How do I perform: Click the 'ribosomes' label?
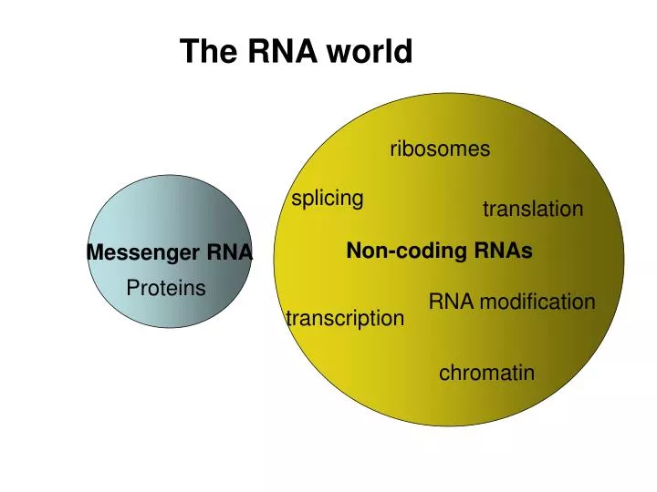[440, 149]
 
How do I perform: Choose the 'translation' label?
[533, 210]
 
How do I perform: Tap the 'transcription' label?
[345, 318]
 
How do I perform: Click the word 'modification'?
[537, 302]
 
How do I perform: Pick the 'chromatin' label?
[486, 373]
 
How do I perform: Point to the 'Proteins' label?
[166, 289]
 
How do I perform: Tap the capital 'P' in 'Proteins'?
[132, 289]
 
